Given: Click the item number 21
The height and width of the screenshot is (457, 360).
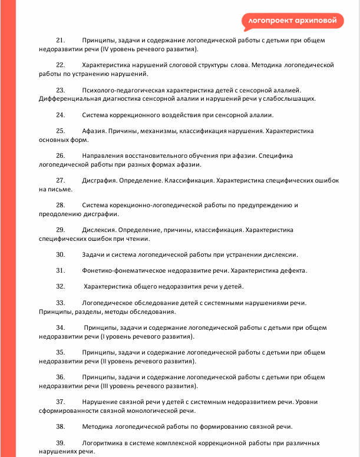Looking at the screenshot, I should coord(60,40).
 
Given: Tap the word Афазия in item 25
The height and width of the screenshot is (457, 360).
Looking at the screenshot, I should coord(95,131).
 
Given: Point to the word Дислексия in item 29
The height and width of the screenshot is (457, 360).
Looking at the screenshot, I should coord(100,229).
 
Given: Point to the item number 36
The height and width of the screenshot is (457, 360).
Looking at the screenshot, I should coord(60,376).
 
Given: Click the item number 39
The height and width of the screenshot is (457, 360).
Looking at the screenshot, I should coord(60,442).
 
